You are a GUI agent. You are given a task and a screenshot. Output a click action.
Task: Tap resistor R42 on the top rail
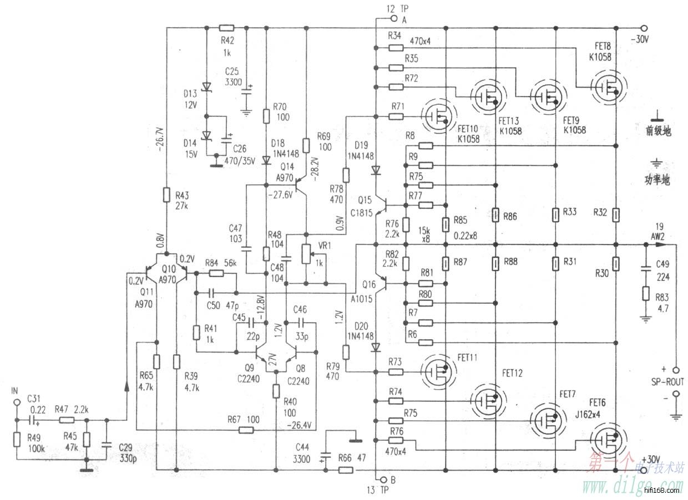tap(226, 27)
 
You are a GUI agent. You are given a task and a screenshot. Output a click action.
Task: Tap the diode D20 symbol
tap(376, 348)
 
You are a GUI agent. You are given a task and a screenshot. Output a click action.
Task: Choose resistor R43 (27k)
tap(166, 195)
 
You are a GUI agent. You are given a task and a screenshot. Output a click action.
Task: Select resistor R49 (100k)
tap(16, 440)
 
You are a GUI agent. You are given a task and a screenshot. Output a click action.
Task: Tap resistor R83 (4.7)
tap(645, 293)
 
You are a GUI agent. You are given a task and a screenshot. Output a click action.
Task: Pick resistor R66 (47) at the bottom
tap(345, 471)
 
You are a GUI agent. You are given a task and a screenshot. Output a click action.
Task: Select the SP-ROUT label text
tap(668, 382)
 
